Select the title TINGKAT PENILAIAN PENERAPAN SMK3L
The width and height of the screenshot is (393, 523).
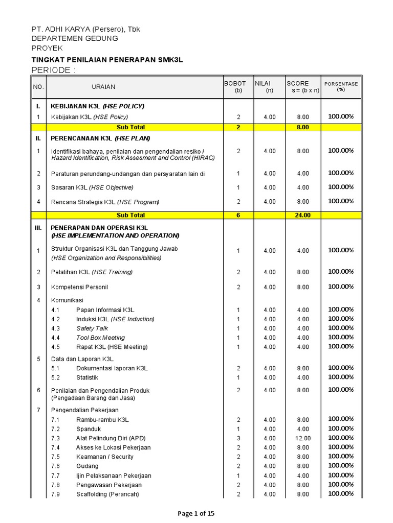coord(107,60)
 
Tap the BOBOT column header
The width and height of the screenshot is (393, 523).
coord(235,83)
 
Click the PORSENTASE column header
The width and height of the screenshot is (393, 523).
coord(341,84)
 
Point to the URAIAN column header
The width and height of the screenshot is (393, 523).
coord(103,87)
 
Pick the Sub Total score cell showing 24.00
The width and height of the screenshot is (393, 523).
coord(302,215)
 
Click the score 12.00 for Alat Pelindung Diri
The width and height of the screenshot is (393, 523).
coord(303,438)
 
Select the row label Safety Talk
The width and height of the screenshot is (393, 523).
coord(92,328)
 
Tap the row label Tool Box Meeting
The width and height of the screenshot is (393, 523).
coord(100,338)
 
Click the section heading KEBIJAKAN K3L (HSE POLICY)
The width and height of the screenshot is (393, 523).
coord(97,106)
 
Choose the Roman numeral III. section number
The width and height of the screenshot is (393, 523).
coord(38,228)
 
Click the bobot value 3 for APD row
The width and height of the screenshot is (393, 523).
coord(238,438)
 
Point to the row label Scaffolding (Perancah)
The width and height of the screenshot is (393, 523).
coord(107,494)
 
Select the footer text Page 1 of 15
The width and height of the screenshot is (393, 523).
coord(196,514)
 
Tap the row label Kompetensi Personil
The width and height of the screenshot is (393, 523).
coord(79,287)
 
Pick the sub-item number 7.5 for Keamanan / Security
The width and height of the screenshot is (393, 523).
coord(55,457)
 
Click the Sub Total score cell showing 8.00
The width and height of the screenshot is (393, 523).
coord(302,127)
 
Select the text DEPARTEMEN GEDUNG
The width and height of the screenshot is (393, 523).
coord(75,38)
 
